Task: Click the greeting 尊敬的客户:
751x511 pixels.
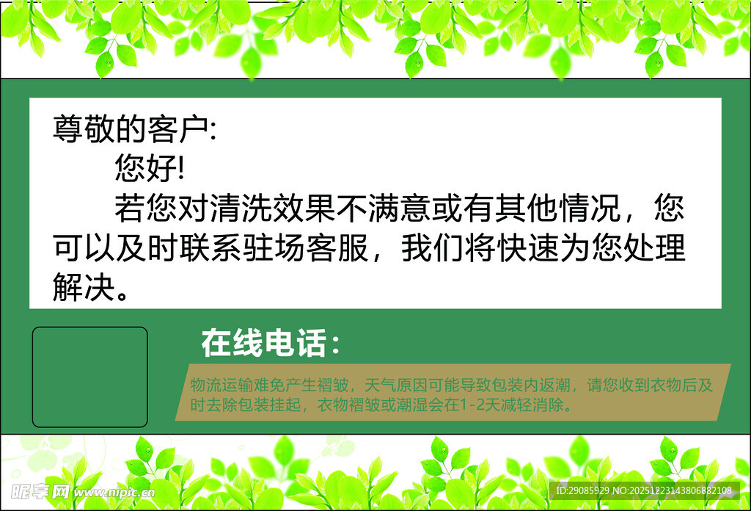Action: point(134,129)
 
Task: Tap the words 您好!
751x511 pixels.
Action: point(150,170)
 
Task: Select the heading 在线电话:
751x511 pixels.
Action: point(271,344)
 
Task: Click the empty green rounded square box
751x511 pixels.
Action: point(89,377)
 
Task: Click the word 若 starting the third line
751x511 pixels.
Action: point(129,210)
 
